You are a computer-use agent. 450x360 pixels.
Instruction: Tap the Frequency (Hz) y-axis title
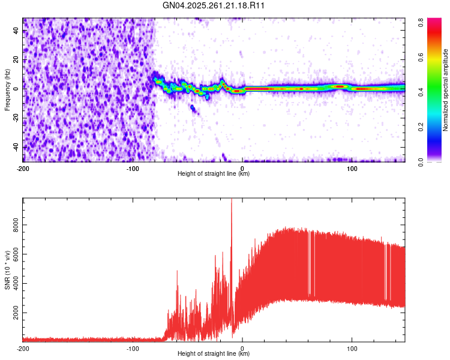[7, 89]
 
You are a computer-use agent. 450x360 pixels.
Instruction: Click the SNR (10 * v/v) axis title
[7, 271]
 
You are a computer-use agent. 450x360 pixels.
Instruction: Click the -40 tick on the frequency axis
[15, 147]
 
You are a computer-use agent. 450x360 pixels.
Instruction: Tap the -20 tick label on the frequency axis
[15, 118]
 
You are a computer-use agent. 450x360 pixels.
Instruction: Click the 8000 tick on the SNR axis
[13, 224]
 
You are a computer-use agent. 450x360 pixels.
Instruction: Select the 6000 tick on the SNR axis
[13, 254]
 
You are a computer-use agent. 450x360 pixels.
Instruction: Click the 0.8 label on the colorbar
[422, 20]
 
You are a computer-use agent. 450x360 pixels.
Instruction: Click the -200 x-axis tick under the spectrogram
[23, 167]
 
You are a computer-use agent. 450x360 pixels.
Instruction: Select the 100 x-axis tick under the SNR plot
[352, 347]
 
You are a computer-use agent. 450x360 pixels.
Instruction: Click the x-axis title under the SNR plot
[214, 354]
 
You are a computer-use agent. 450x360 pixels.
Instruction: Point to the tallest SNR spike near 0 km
[232, 200]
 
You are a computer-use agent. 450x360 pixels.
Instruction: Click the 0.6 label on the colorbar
[422, 56]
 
